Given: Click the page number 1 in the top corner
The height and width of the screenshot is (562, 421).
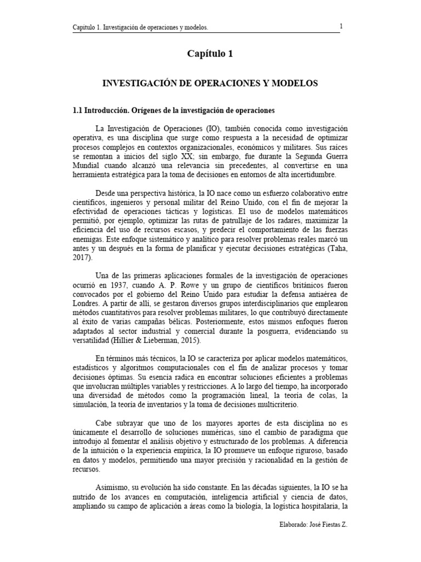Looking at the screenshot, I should click(x=342, y=26).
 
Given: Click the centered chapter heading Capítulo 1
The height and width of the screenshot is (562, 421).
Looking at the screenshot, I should click(x=210, y=54).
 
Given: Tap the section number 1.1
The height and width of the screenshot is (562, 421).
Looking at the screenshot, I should click(x=77, y=111).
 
